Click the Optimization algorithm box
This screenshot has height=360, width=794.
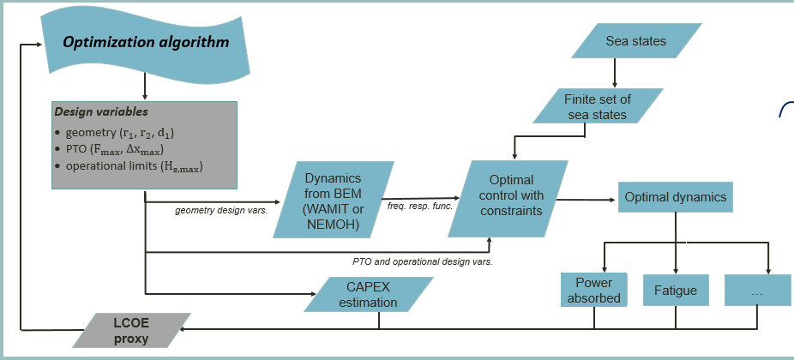[x=146, y=42]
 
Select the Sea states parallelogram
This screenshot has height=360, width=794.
[x=635, y=41]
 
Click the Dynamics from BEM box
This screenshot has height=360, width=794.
[x=335, y=199]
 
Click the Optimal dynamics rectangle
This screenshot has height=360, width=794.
[x=675, y=197]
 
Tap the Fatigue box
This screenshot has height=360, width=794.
[x=675, y=290]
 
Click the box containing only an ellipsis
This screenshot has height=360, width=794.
[x=756, y=290]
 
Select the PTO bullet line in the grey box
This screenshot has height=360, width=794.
[x=120, y=150]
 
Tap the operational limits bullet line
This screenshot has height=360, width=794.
[x=133, y=166]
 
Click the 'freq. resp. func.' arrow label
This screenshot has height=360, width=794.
[x=419, y=207]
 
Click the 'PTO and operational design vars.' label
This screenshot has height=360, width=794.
[x=424, y=260]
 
